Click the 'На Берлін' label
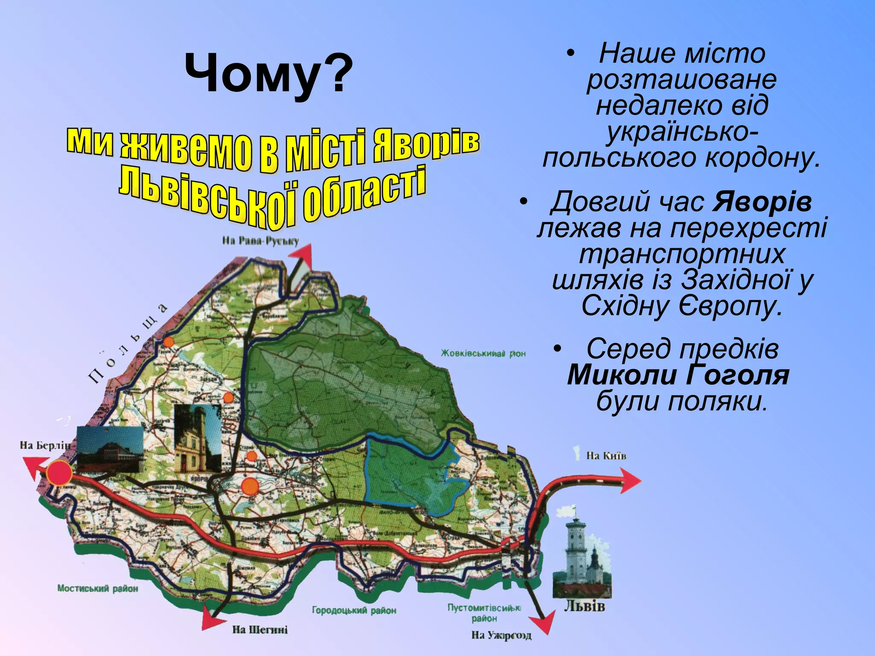pos(44,445)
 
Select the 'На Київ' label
pos(606,456)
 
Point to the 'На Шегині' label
pos(260,630)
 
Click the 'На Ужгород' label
pos(501,635)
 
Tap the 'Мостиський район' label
pos(98,589)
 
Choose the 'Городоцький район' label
pos(354,610)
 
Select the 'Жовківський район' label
pos(483,354)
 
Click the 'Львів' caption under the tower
pos(584,606)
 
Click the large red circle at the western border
pos(59,473)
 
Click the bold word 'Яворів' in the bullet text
pos(762,202)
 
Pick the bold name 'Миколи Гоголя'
pos(678,375)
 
